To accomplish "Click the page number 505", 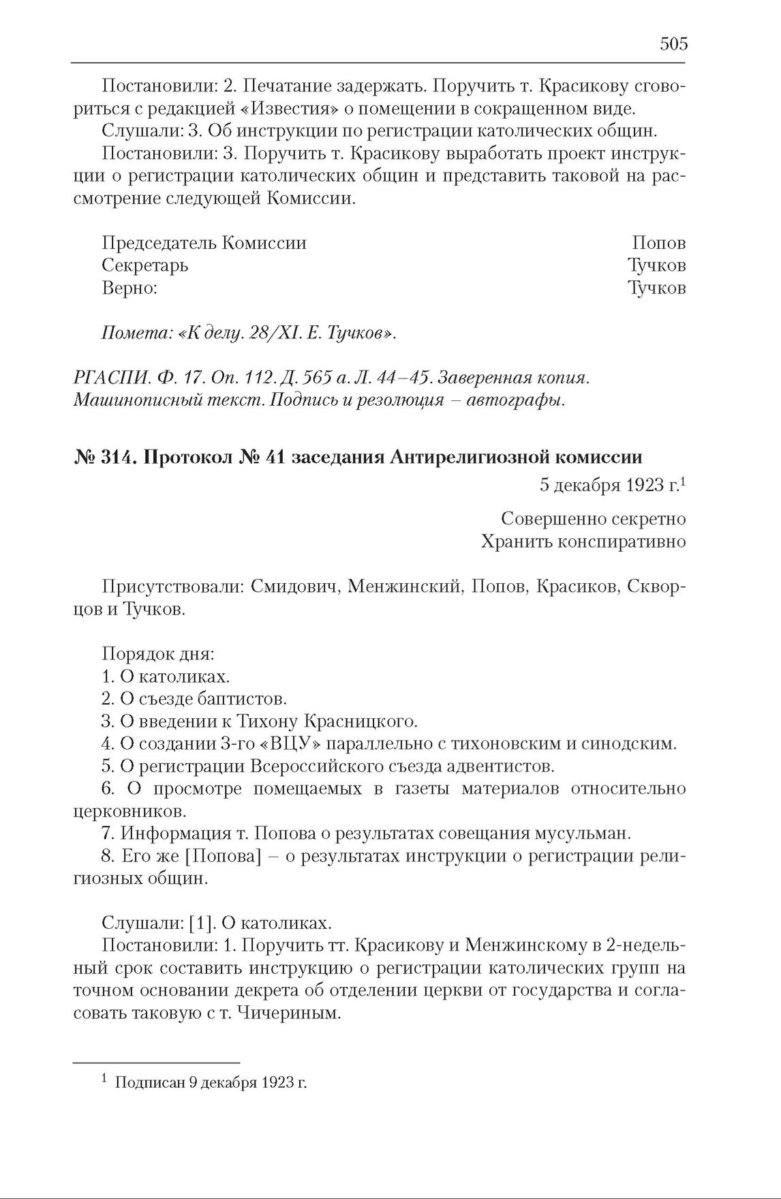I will pos(673,44).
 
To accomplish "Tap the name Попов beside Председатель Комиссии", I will pos(658,243).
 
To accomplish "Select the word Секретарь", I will pos(144,265).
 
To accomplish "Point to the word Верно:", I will pos(129,288).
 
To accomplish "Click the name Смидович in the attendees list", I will pos(295,587).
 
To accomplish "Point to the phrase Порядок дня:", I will pos(158,654).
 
